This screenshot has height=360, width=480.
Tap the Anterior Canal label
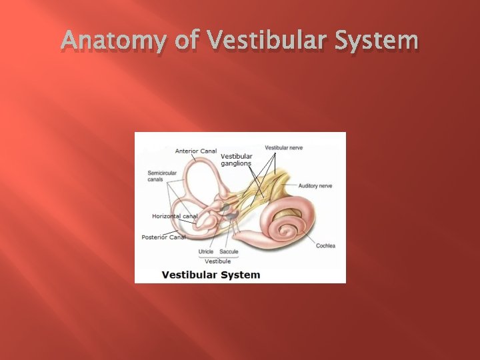click(x=196, y=151)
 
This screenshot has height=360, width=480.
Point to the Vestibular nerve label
click(x=284, y=147)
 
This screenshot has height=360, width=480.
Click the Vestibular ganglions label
click(x=236, y=160)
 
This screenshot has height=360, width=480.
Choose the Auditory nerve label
click(x=315, y=186)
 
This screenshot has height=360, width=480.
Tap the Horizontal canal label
click(x=175, y=216)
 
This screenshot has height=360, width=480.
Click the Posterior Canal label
click(x=164, y=237)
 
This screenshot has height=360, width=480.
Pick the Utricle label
click(x=206, y=252)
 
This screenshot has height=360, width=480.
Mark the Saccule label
click(x=229, y=252)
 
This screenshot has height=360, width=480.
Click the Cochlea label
click(x=326, y=245)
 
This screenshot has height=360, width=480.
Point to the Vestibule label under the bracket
click(x=217, y=261)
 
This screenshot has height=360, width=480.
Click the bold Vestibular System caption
click(x=211, y=275)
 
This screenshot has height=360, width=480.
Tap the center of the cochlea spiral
click(x=288, y=230)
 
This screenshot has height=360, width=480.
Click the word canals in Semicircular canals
click(x=155, y=179)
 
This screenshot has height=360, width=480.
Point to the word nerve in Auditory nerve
click(x=325, y=186)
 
